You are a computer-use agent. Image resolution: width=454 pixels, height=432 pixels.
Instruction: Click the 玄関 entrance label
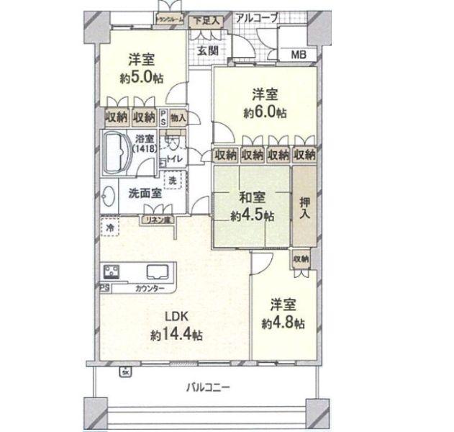pos(209,50)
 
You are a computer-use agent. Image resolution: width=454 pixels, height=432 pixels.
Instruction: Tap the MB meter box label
pos(297,55)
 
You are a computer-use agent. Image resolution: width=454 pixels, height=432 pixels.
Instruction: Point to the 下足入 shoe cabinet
pos(206,22)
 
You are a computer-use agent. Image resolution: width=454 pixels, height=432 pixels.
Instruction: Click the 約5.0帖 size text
pos(139,77)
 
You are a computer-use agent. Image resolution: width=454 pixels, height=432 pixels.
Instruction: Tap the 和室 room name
pos(252,197)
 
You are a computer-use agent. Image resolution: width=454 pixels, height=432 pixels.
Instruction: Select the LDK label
pos(176,316)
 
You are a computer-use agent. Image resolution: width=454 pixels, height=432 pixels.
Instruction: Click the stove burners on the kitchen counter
pos(114,272)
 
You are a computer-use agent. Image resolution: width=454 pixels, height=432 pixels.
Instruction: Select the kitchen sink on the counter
pos(158,273)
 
